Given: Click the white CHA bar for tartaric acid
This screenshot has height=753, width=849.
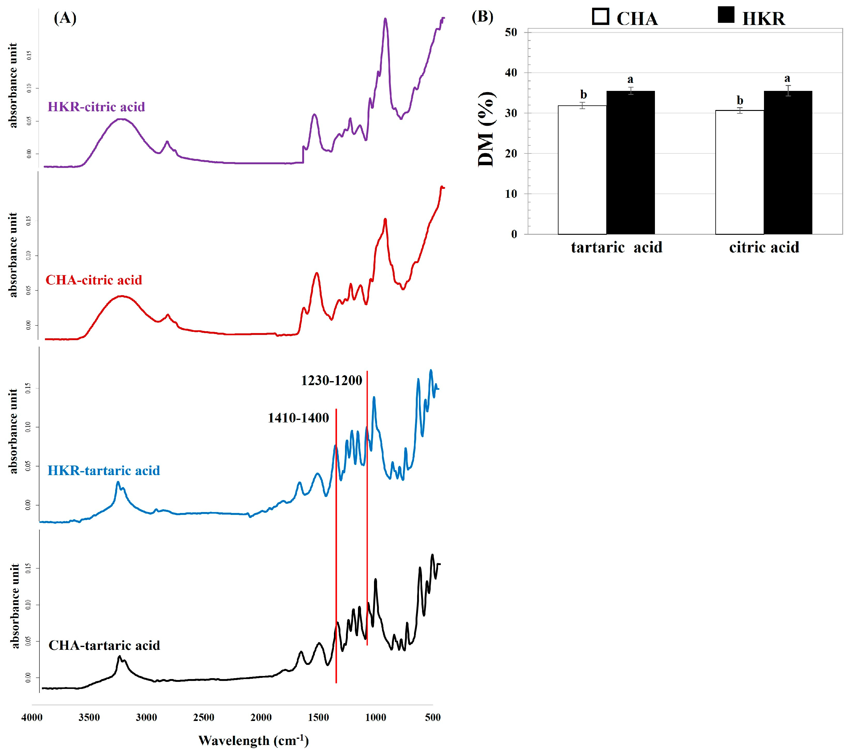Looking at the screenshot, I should (x=582, y=170).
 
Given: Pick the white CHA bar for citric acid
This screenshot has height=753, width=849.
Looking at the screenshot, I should (x=739, y=172).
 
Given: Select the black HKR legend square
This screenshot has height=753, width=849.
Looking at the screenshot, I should (x=726, y=15).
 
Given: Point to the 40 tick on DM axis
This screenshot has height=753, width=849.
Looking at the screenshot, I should (x=511, y=73).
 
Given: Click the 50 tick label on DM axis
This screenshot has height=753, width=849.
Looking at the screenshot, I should (x=511, y=32).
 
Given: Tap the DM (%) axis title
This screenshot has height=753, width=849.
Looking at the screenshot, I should (x=486, y=130).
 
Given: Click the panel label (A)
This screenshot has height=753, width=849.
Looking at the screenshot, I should (x=65, y=18).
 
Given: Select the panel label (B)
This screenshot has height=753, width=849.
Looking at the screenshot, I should (x=482, y=17).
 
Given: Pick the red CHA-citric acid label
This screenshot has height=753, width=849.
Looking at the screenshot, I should (x=94, y=280).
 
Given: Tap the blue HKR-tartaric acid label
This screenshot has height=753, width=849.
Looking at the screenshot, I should (x=104, y=470).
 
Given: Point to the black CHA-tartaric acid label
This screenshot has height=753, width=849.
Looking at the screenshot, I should (x=104, y=645).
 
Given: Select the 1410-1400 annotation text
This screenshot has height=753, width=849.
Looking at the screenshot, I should (x=298, y=417).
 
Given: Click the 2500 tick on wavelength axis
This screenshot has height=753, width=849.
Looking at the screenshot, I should (x=204, y=717).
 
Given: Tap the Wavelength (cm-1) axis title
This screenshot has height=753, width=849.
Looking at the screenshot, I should (x=253, y=740).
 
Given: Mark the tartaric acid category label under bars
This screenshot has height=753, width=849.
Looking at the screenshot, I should (x=616, y=247).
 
